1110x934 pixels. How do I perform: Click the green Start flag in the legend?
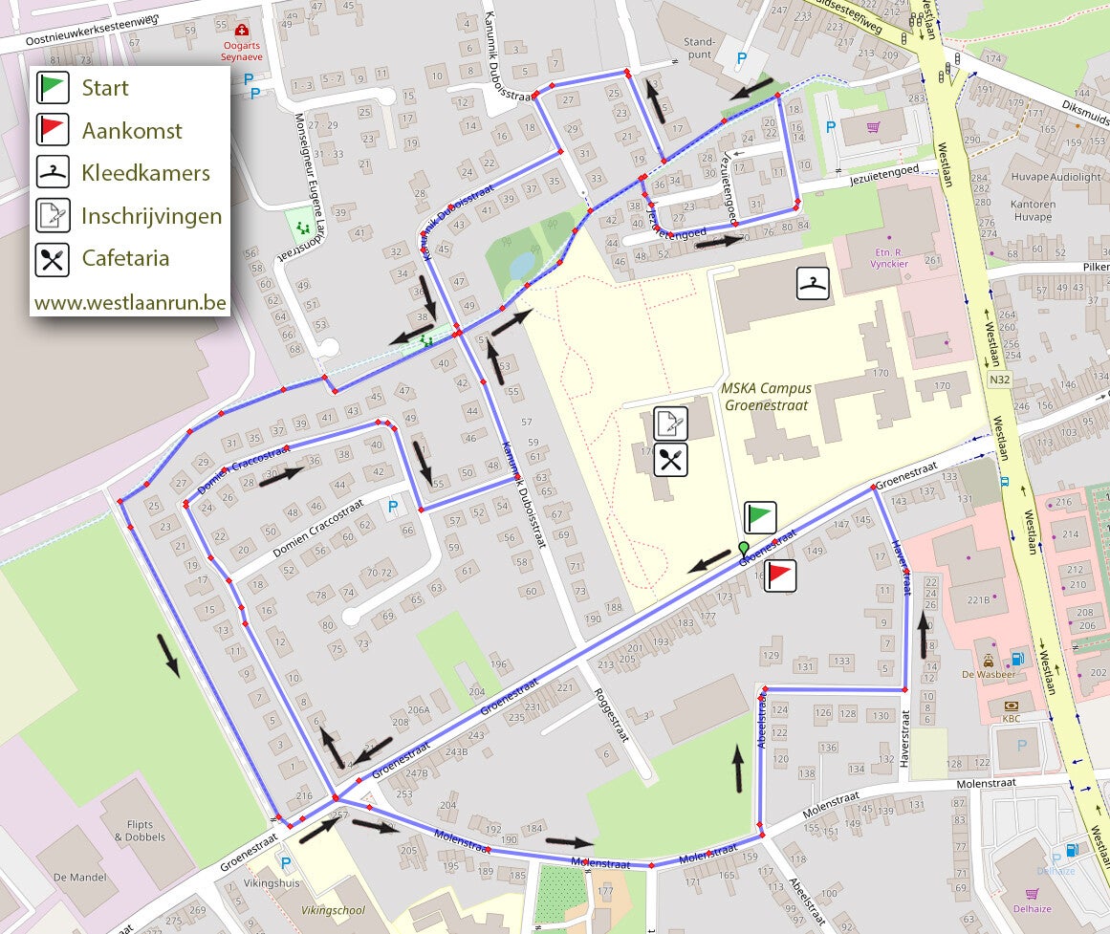pyautogui.click(x=53, y=88)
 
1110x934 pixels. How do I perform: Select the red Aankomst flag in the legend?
pyautogui.click(x=53, y=130)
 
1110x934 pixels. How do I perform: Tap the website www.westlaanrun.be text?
pyautogui.click(x=130, y=302)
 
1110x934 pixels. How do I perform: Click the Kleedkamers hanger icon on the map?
pyautogui.click(x=813, y=283)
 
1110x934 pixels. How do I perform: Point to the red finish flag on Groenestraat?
pyautogui.click(x=780, y=576)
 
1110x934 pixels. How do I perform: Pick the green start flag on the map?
pyautogui.click(x=760, y=517)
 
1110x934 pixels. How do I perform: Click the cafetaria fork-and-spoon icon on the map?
pyautogui.click(x=671, y=460)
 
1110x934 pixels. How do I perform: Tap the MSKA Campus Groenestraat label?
pyautogui.click(x=768, y=396)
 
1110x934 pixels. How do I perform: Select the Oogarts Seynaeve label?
pyautogui.click(x=241, y=51)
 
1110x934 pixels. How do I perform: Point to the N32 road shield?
pyautogui.click(x=1000, y=379)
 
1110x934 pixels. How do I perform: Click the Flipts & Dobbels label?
pyautogui.click(x=139, y=831)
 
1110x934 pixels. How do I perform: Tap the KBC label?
pyautogui.click(x=1012, y=717)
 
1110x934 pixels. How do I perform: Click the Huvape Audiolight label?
pyautogui.click(x=1056, y=177)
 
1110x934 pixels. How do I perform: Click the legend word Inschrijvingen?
pyautogui.click(x=152, y=216)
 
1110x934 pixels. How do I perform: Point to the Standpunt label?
pyautogui.click(x=701, y=48)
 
